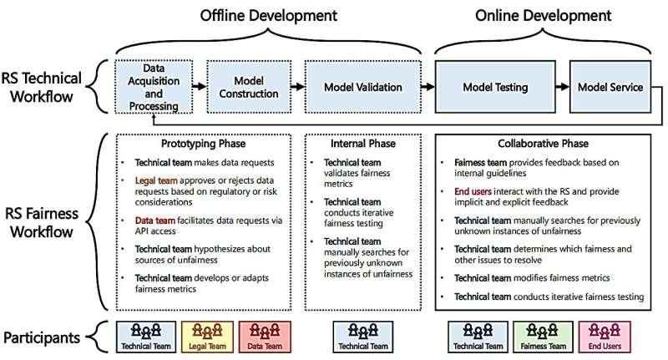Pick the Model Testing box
coord(497,86)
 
